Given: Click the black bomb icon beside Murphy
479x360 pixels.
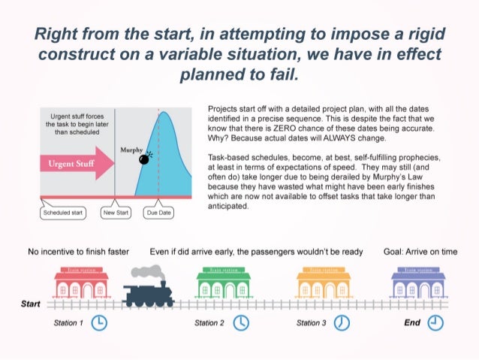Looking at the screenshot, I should (x=146, y=159).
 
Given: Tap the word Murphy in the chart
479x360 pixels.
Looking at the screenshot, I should (x=132, y=150).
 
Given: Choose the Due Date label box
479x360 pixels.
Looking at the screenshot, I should (x=158, y=213).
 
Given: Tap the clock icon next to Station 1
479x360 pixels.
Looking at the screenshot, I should (x=98, y=322).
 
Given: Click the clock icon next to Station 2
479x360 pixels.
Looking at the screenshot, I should (x=241, y=322).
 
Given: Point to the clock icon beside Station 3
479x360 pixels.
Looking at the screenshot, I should (x=342, y=322).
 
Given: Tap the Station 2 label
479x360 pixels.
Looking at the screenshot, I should (x=209, y=323).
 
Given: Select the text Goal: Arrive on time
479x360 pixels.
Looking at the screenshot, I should (x=419, y=252).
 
